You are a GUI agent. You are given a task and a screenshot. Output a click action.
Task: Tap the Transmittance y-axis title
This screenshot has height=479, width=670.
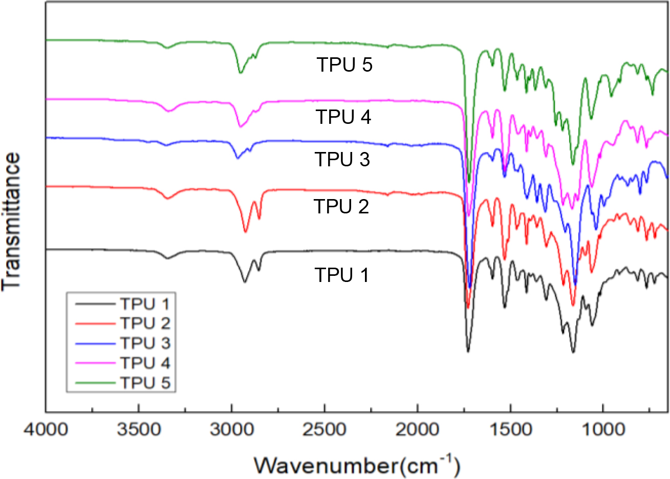[x=12, y=221]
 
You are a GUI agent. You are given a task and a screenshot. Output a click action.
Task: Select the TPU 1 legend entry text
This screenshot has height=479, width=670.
[x=145, y=304]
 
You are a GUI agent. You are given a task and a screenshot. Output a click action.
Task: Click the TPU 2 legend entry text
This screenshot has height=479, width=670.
[x=145, y=323]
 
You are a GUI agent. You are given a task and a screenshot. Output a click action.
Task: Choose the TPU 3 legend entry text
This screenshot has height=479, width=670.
[x=145, y=343]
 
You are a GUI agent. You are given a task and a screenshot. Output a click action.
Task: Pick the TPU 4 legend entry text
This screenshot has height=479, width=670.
[x=145, y=363]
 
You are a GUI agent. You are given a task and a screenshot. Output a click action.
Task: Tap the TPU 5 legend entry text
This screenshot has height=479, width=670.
[x=145, y=383]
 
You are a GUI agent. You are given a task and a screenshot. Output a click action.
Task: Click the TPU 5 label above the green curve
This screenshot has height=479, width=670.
[x=344, y=66]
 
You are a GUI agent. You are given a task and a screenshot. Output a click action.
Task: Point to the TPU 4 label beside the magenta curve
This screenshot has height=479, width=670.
[x=343, y=117]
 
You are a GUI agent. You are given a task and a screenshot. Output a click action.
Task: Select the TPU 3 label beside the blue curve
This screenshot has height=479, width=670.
[x=342, y=160]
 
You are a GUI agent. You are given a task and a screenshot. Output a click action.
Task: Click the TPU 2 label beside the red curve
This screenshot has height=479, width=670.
[x=341, y=207]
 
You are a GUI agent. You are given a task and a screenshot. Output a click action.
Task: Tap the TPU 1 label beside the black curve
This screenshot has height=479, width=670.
[x=341, y=275]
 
